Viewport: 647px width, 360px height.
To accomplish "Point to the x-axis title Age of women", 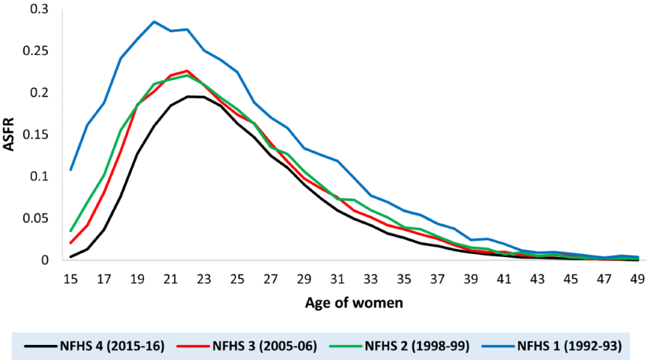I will point(354,303).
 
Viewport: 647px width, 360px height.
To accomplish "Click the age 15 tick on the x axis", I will point(71,277).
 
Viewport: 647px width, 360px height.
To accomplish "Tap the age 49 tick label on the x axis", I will point(638,277).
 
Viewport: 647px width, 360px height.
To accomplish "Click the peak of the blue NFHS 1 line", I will point(154,21).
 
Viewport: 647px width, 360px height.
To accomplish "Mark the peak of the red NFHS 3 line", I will point(188,71).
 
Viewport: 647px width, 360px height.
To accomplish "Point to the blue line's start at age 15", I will point(71,169).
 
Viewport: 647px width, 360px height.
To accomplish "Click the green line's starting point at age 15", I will point(71,231).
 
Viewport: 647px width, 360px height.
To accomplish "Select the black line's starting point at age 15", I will point(71,257).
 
